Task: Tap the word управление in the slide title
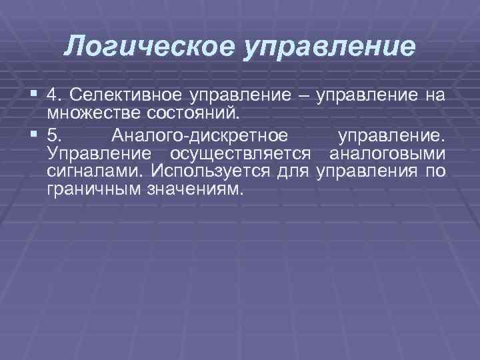point(329,47)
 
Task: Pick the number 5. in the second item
point(56,137)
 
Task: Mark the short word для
point(293,171)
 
